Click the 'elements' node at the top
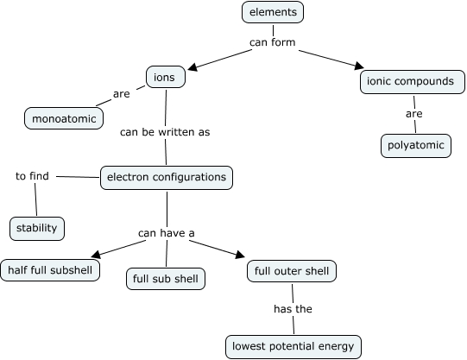pyautogui.click(x=273, y=12)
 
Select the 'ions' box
pyautogui.click(x=165, y=78)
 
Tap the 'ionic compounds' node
pyautogui.click(x=411, y=82)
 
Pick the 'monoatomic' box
pyautogui.click(x=64, y=117)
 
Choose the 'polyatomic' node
pyautogui.click(x=416, y=146)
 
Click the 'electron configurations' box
pyautogui.click(x=167, y=178)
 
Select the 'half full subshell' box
pyautogui.click(x=50, y=270)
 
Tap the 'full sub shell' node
pyautogui.click(x=165, y=279)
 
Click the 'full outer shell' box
pyautogui.click(x=291, y=271)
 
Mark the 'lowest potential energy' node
pyautogui.click(x=293, y=347)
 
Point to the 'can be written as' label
pyautogui.click(x=164, y=132)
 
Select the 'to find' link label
pyautogui.click(x=33, y=176)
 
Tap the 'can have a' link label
pyautogui.click(x=167, y=232)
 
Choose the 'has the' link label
pyautogui.click(x=293, y=309)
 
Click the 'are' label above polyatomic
pyautogui.click(x=413, y=113)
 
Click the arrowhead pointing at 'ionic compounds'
pyautogui.click(x=359, y=66)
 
